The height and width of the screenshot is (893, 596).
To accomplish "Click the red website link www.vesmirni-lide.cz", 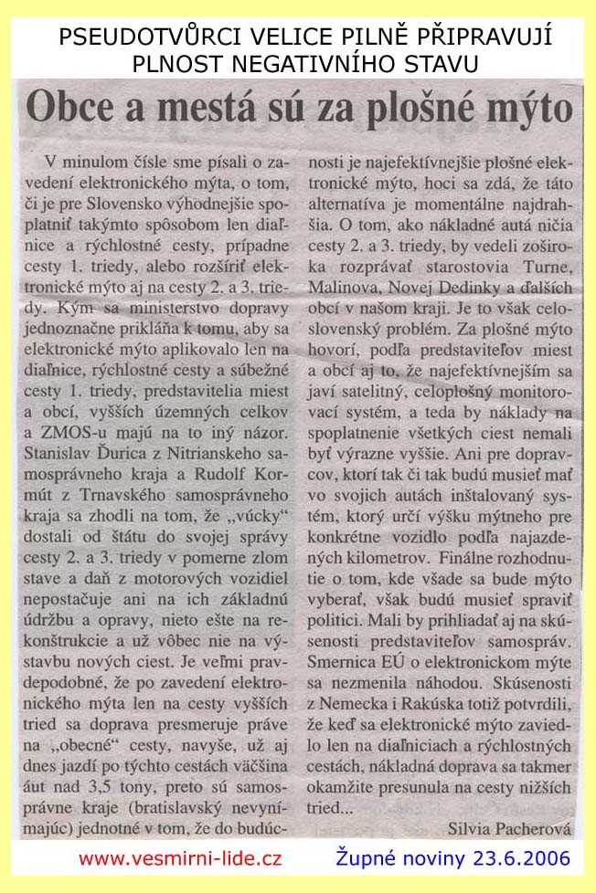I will [180, 859].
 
